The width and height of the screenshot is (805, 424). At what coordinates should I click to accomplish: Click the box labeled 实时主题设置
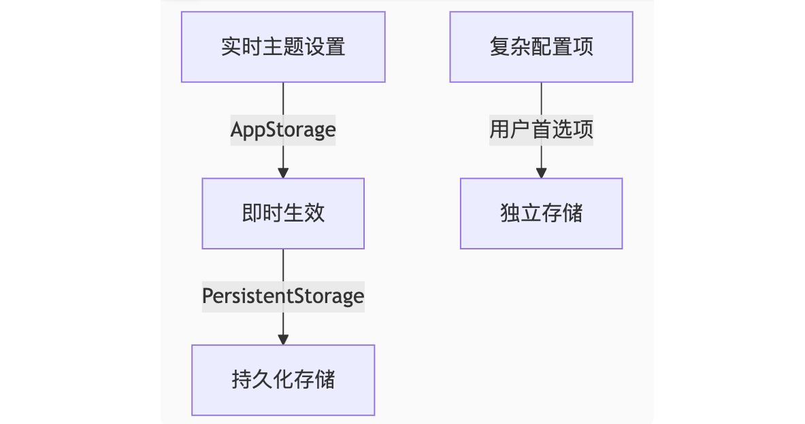(283, 47)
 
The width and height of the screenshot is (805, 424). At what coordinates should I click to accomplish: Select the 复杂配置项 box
(541, 47)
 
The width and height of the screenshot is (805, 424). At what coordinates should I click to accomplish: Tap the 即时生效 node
(283, 213)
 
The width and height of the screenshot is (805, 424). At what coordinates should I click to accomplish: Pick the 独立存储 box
(541, 213)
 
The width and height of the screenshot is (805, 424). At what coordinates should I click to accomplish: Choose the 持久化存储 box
(283, 380)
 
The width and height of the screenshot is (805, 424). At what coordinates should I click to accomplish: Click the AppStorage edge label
(283, 130)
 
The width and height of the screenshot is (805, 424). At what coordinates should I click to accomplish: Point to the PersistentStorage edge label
(283, 296)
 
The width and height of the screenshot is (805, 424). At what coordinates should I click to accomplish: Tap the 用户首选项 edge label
(541, 130)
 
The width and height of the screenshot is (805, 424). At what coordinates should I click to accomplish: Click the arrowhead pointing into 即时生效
(283, 172)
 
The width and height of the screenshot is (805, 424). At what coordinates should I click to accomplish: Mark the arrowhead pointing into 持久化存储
(283, 338)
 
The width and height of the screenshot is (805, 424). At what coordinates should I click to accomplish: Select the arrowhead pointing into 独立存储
(541, 172)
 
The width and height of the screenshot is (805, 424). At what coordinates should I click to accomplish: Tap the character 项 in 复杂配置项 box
(582, 47)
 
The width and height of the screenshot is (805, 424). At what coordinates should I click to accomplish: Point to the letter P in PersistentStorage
(208, 296)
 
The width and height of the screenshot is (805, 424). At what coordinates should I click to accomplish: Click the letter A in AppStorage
(237, 130)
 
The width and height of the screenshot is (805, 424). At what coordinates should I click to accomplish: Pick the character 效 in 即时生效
(314, 213)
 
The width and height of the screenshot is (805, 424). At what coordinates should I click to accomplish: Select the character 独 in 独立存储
(510, 213)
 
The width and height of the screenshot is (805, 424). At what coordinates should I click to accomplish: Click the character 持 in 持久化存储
(242, 380)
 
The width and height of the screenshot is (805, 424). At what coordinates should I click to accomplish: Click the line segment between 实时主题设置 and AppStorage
(283, 99)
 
